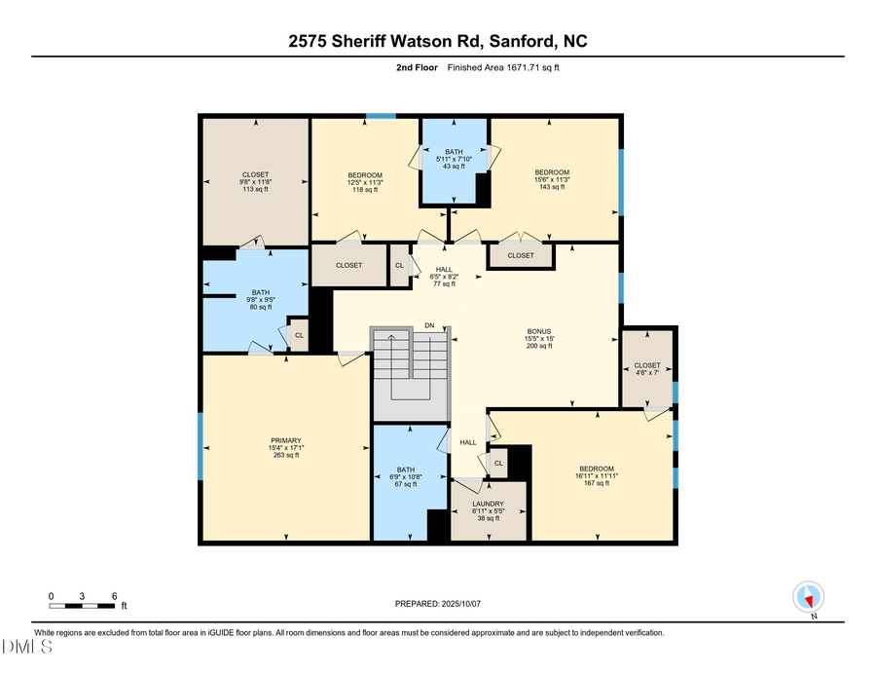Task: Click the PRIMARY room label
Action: click(286, 440)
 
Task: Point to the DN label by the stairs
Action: click(429, 324)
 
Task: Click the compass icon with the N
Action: click(809, 597)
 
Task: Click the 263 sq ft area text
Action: click(286, 455)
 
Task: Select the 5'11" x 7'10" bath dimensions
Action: click(453, 159)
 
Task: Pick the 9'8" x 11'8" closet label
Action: click(255, 182)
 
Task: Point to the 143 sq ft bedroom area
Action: click(552, 187)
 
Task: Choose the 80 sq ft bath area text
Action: click(261, 307)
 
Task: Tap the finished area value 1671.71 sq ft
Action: click(545, 67)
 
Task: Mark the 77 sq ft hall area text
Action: click(443, 283)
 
